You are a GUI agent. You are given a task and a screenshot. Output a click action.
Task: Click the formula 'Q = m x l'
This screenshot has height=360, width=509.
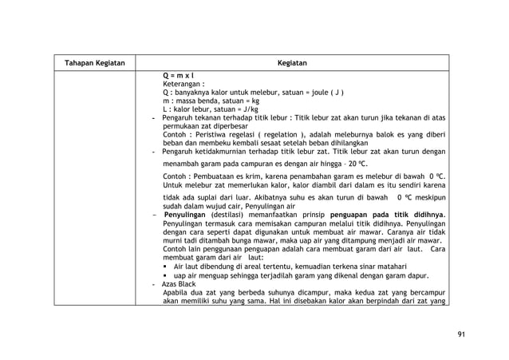pos(180,74)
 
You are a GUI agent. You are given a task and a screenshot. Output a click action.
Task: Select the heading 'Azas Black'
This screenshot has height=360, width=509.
pos(180,284)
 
